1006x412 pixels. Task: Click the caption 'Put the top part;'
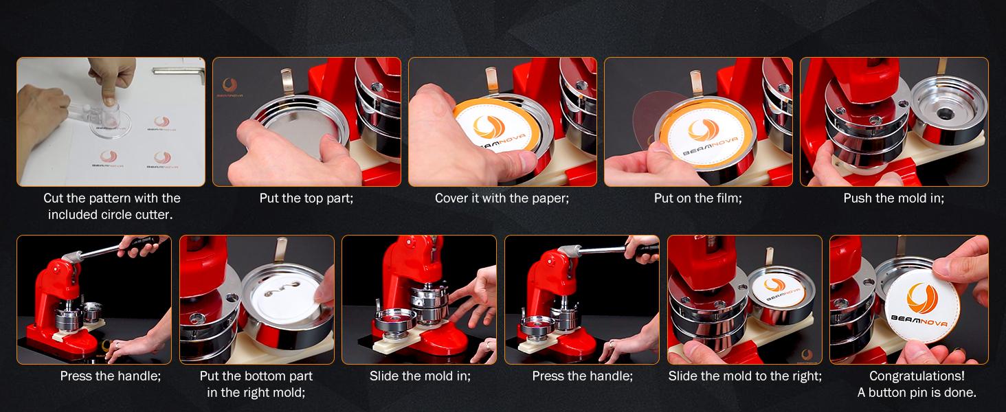tap(306, 198)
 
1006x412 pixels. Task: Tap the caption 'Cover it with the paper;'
tap(502, 198)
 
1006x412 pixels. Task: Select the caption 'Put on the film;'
tap(697, 198)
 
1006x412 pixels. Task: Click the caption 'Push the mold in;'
tap(894, 198)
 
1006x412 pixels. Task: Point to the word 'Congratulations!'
tap(917, 376)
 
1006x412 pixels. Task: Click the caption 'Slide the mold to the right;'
tap(745, 376)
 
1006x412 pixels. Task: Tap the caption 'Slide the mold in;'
tap(420, 376)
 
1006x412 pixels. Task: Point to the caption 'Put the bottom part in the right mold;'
tap(256, 385)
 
